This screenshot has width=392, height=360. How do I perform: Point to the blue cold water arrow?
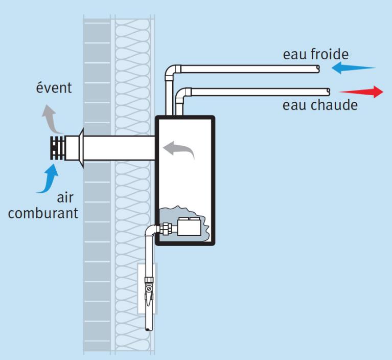(353, 67)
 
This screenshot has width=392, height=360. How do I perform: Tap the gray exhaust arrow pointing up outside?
(50, 115)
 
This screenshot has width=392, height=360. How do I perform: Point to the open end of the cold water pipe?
(318, 67)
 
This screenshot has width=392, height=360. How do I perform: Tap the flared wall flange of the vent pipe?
(80, 148)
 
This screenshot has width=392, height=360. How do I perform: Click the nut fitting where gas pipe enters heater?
(165, 229)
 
